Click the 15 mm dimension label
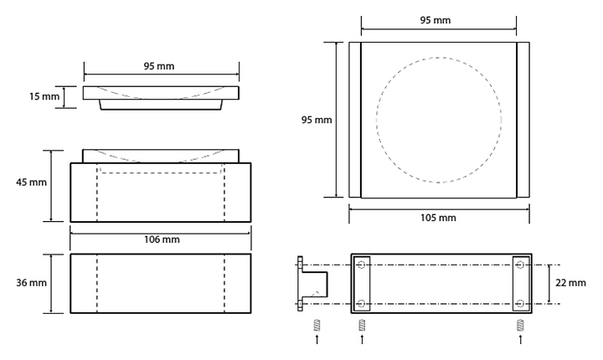pos(44,96)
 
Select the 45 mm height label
pos(31,182)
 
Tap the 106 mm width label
pos(162,239)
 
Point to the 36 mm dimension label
pos(31,283)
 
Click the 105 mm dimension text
pos(438,218)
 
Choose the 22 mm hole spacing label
pos(570,283)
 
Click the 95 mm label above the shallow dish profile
pos(159,66)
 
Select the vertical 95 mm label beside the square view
pos(317,120)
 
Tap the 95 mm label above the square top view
pos(435,20)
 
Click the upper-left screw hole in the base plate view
pos(361,265)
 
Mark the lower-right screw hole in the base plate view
pos(520,304)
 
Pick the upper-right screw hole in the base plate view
pos(520,265)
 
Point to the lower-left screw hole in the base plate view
pos(361,304)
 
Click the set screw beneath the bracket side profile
pos(317,325)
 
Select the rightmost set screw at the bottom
pos(520,325)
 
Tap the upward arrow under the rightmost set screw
pos(521,339)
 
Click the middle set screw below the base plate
pos(362,325)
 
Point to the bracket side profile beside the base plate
pos(312,284)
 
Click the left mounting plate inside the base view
pos(362,284)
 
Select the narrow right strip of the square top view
pos(523,120)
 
